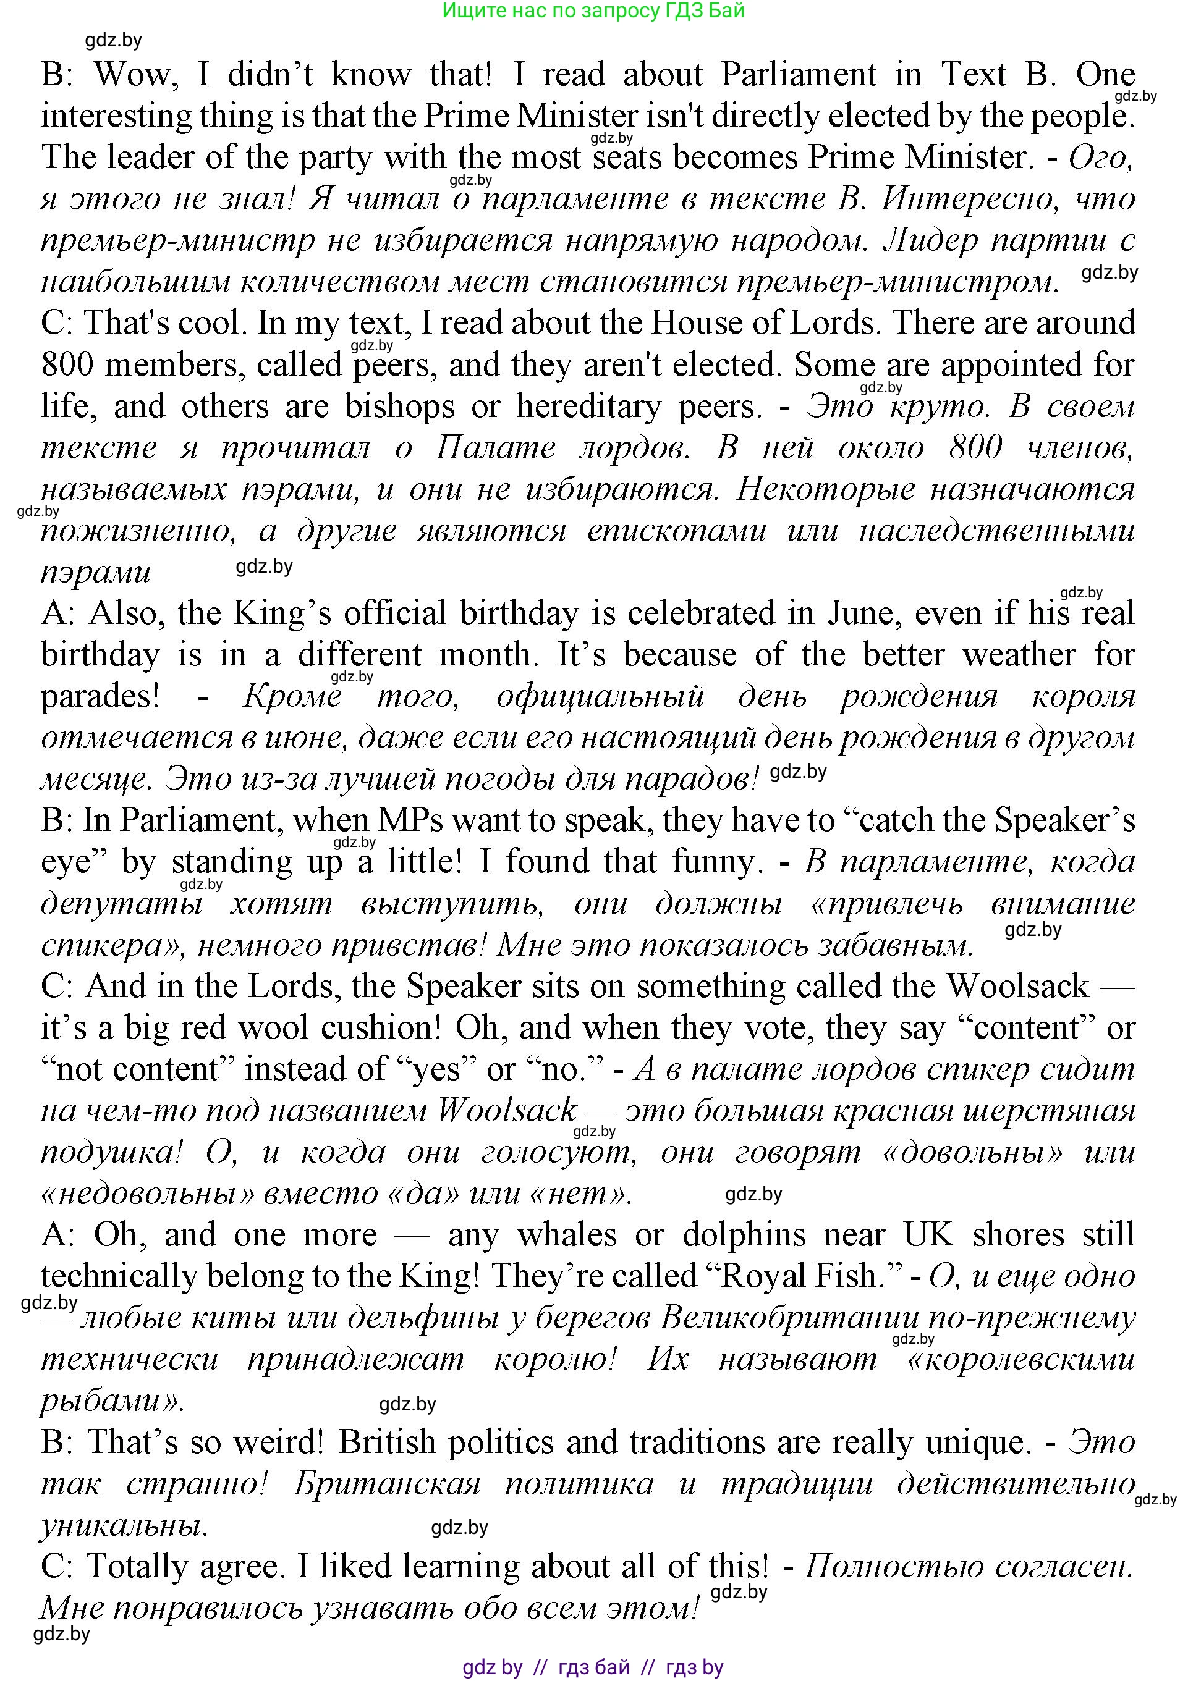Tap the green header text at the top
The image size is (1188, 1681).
click(x=593, y=11)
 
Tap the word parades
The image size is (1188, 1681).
click(x=100, y=696)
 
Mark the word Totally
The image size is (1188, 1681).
click(x=136, y=1567)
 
